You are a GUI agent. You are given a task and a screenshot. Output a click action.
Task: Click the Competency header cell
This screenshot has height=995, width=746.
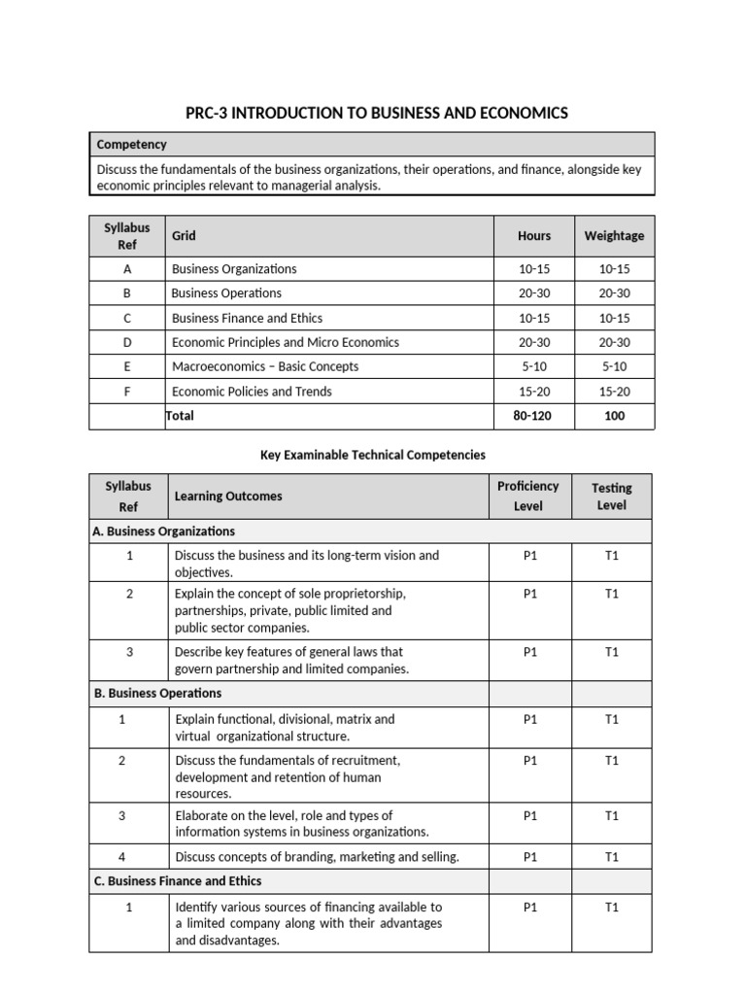pos(132,145)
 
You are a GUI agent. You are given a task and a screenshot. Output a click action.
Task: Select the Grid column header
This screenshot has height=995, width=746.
pos(184,235)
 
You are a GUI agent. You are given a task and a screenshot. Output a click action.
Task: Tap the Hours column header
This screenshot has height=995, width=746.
pos(534,235)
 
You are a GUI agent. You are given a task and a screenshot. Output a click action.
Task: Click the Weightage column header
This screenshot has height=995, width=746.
pos(614,235)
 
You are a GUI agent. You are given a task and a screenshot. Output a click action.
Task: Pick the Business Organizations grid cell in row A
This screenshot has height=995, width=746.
pos(234,269)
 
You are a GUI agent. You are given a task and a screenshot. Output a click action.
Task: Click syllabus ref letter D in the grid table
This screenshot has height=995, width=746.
pos(127,342)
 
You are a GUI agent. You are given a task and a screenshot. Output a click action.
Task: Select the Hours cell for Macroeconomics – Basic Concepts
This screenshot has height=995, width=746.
pos(534,366)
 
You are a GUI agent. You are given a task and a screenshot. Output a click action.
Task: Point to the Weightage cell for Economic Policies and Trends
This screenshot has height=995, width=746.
pos(614,392)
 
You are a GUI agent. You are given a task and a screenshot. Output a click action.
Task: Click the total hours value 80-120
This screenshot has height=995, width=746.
pos(534,416)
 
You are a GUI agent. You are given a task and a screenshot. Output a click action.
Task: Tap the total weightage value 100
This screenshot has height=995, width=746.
pos(614,416)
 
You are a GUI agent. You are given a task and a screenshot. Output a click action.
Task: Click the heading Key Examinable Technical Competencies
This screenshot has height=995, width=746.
pos(373,454)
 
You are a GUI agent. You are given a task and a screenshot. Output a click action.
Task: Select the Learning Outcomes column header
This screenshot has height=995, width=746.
pos(228,496)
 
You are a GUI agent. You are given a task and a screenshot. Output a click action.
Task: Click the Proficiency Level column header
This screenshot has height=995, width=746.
pos(528,496)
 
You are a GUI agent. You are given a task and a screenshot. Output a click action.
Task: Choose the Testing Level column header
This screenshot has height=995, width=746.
pos(612,496)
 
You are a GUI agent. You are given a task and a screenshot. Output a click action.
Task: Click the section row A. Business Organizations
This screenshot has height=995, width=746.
pos(163,532)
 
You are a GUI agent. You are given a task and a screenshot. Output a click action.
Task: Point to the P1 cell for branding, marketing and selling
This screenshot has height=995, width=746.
pos(529,857)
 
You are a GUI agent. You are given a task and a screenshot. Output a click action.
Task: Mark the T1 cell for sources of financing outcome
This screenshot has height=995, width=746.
pos(612,908)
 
